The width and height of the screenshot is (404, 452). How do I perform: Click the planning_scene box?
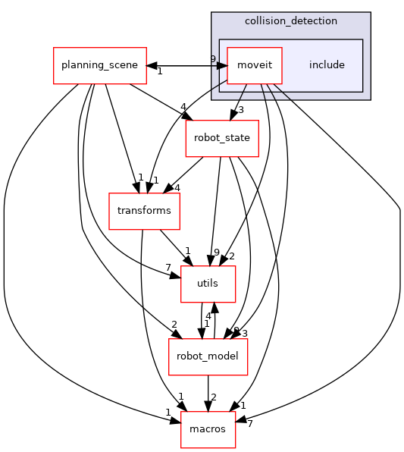pos(99,65)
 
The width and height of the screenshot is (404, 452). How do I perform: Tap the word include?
pos(327,65)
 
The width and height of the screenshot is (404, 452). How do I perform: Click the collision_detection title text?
pos(290,20)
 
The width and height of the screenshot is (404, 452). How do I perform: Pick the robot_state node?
pos(223,138)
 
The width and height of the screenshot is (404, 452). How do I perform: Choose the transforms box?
pos(144,211)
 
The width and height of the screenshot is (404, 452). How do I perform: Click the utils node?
pos(208,284)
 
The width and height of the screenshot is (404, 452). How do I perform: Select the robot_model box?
pos(208,356)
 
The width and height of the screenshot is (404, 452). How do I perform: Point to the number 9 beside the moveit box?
pos(213,59)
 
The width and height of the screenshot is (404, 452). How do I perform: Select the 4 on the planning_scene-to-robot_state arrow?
pos(183,107)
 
